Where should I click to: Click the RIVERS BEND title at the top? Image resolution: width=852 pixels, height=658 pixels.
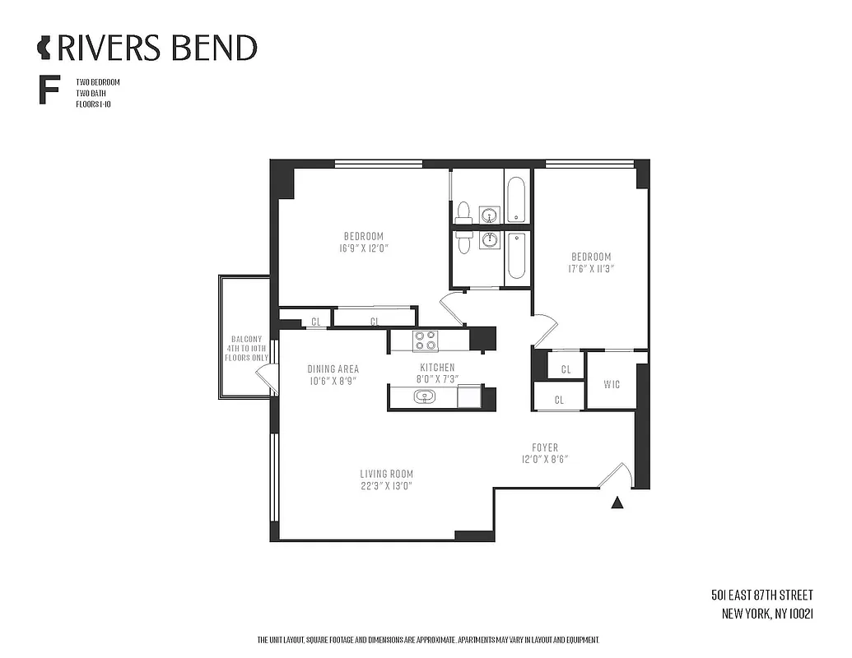point(156,47)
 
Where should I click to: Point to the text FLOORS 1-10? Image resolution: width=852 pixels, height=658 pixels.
point(92,104)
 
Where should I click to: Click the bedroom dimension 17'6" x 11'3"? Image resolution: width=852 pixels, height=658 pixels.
point(591,268)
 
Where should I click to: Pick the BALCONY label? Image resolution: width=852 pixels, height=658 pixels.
point(247,338)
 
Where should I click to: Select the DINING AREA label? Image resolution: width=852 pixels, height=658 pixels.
point(333,368)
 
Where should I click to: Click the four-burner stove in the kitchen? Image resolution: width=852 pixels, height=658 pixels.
point(426,340)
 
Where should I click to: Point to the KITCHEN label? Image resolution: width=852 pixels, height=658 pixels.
point(437,368)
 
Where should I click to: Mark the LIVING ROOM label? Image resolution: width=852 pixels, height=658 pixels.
point(386,474)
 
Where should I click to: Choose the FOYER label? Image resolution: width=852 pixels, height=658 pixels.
point(544,447)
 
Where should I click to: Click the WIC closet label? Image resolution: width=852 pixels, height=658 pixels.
point(611,384)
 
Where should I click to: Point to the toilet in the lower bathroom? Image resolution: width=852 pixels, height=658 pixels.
point(463,240)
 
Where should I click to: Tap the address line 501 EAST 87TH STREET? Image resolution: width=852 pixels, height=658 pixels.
point(762,595)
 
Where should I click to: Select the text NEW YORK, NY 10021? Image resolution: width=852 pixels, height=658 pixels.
point(767,613)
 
